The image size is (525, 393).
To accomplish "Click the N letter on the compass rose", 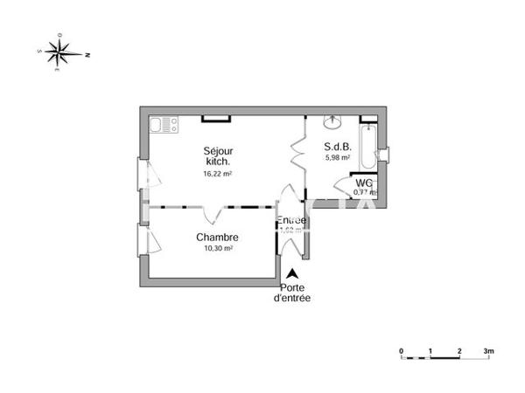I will (88, 54).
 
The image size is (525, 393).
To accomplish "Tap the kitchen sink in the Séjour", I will (161, 125).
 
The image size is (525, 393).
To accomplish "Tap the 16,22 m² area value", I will (217, 173).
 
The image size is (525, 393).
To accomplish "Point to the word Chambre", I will (218, 238).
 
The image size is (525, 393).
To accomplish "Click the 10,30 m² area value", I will (217, 249).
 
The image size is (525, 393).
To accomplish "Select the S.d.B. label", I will (337, 146).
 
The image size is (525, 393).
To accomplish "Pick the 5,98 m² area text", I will (338, 158).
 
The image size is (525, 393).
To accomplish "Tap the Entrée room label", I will (291, 220).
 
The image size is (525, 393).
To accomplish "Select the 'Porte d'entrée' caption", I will (292, 293).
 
